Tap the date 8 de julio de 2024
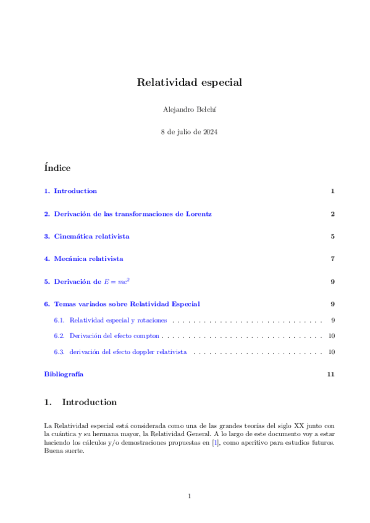(185, 132)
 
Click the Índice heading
(57, 168)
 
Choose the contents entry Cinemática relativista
(91, 236)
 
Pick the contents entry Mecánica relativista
(88, 258)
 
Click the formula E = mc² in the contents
(120, 281)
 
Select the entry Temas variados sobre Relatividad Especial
(127, 303)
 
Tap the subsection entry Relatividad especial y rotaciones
(119, 320)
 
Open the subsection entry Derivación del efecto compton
(114, 336)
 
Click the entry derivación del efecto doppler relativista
(128, 352)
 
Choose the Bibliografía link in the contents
(64, 374)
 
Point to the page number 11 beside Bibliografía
(331, 374)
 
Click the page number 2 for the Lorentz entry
(332, 213)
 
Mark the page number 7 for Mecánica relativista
(332, 258)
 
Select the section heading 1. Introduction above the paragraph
(80, 402)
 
